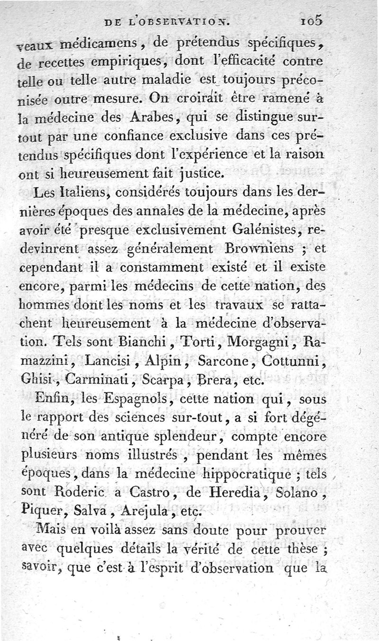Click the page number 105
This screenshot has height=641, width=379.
(x=310, y=20)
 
